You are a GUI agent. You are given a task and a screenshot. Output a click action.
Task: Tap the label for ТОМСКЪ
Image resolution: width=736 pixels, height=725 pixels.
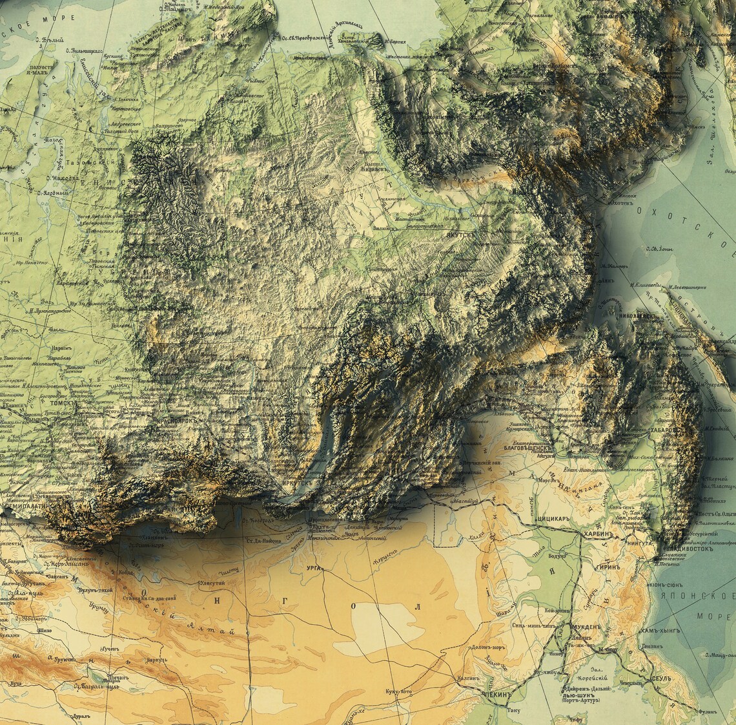(62, 402)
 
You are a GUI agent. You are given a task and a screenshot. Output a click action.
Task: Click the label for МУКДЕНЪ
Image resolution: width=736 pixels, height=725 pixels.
(586, 627)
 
